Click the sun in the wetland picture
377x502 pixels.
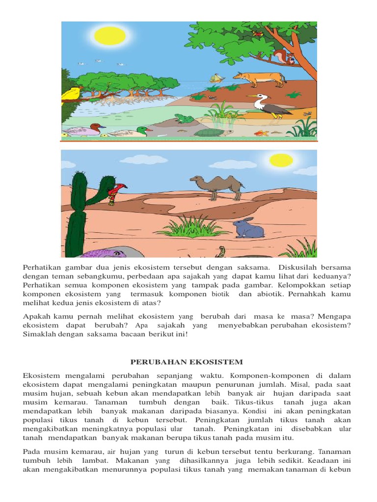(110, 36)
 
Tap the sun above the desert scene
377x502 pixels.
(281, 160)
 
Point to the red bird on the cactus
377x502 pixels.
(117, 190)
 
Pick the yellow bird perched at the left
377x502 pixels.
(72, 93)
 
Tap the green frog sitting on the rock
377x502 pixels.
(184, 118)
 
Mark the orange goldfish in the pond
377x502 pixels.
(261, 133)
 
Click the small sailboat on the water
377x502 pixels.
(216, 78)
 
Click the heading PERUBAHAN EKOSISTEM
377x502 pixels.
(187, 362)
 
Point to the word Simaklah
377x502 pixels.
(39, 334)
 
